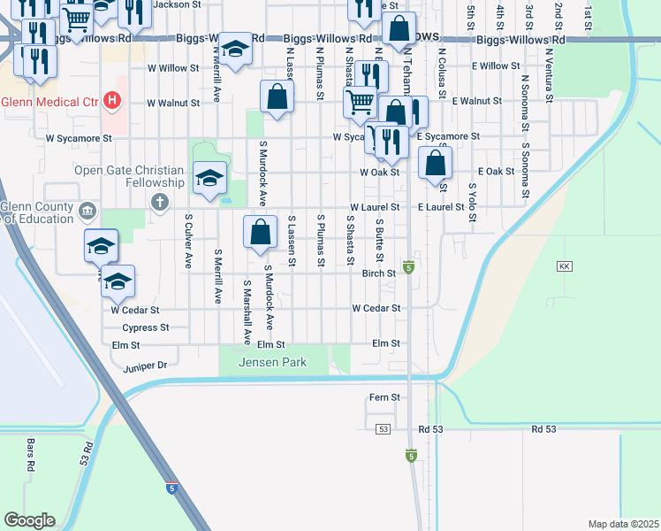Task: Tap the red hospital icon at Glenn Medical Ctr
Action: pyautogui.click(x=111, y=101)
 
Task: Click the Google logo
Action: pyautogui.click(x=29, y=520)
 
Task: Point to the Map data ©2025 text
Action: pyautogui.click(x=622, y=524)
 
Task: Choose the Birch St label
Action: pyautogui.click(x=378, y=274)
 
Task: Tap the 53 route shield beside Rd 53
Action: pyautogui.click(x=383, y=429)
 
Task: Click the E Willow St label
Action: pyautogui.click(x=496, y=66)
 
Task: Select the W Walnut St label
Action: pyautogui.click(x=173, y=103)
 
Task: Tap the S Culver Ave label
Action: pyautogui.click(x=188, y=240)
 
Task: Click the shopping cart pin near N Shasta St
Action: pyautogui.click(x=360, y=103)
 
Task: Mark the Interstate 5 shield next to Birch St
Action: pyautogui.click(x=408, y=266)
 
